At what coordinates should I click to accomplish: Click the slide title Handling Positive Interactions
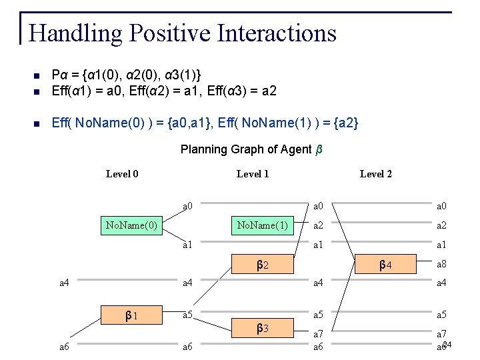[x=183, y=33]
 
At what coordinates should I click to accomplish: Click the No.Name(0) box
[x=131, y=225]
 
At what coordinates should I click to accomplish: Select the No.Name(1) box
[x=263, y=225]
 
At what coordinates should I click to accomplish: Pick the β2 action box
[x=263, y=265]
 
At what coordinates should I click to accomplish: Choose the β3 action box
[x=263, y=328]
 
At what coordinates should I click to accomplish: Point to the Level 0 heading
[x=122, y=174]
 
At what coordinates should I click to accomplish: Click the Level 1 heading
[x=253, y=174]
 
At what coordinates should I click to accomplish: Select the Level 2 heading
[x=376, y=174]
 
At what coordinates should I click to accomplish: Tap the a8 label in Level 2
[x=441, y=264]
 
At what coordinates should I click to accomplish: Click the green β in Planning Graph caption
[x=319, y=149]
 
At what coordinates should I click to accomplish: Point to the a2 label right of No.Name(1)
[x=319, y=226]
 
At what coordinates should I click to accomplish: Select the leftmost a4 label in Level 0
[x=65, y=283]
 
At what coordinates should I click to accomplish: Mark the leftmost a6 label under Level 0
[x=65, y=347]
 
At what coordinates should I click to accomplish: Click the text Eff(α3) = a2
[x=241, y=90]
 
